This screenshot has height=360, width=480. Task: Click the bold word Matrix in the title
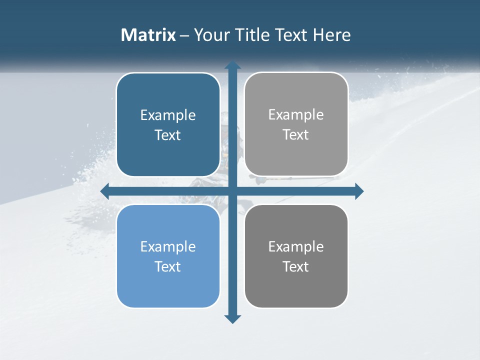click(148, 35)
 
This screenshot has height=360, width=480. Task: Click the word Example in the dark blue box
click(168, 115)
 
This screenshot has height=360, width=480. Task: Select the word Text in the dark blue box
click(168, 135)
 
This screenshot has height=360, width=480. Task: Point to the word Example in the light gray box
click(296, 115)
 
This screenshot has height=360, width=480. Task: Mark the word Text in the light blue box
click(168, 266)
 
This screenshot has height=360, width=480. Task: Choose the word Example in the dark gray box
click(296, 246)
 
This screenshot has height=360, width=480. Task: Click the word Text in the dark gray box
click(296, 266)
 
